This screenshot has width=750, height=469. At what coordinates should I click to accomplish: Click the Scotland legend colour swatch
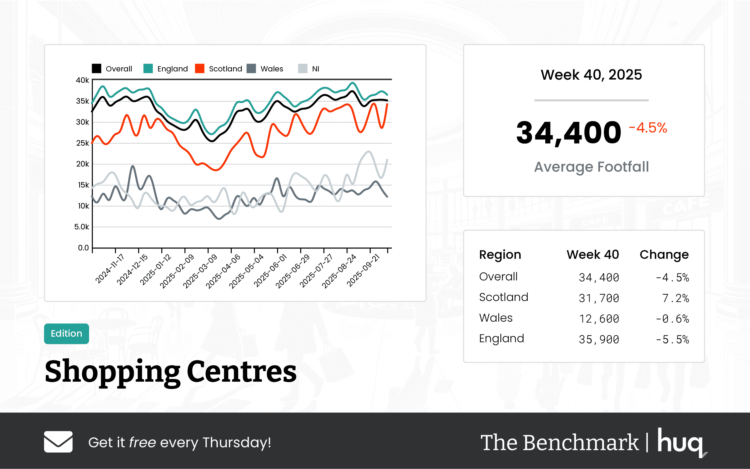pos(200,69)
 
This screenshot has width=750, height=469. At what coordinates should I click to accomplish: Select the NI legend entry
pos(315,69)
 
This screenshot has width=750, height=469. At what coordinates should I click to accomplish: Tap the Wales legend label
pos(272,69)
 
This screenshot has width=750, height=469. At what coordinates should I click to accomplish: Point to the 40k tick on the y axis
pos(82,80)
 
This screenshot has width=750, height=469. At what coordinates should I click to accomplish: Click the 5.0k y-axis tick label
pos(81,227)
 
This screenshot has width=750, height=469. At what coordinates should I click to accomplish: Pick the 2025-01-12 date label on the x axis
pos(155,269)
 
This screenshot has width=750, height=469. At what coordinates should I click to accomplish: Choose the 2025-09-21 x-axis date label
pos(363,270)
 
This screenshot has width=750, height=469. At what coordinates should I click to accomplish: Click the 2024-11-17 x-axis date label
pos(110,269)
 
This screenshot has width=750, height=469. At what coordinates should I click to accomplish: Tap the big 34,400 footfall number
pos(568,133)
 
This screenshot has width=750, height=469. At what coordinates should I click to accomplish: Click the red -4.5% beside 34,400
pos(648,128)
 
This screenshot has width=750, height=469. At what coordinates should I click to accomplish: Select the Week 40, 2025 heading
pos(591,75)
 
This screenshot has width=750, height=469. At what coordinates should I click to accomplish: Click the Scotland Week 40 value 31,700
pos(598,298)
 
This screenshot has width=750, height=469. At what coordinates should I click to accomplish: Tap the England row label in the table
pos(501,338)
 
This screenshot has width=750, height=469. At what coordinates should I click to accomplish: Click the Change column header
pos(664,255)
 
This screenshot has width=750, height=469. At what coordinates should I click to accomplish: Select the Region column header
pos(500,255)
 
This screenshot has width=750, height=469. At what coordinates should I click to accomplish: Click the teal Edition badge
pos(67,333)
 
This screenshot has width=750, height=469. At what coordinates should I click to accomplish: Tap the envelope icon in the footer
pos(58,442)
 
